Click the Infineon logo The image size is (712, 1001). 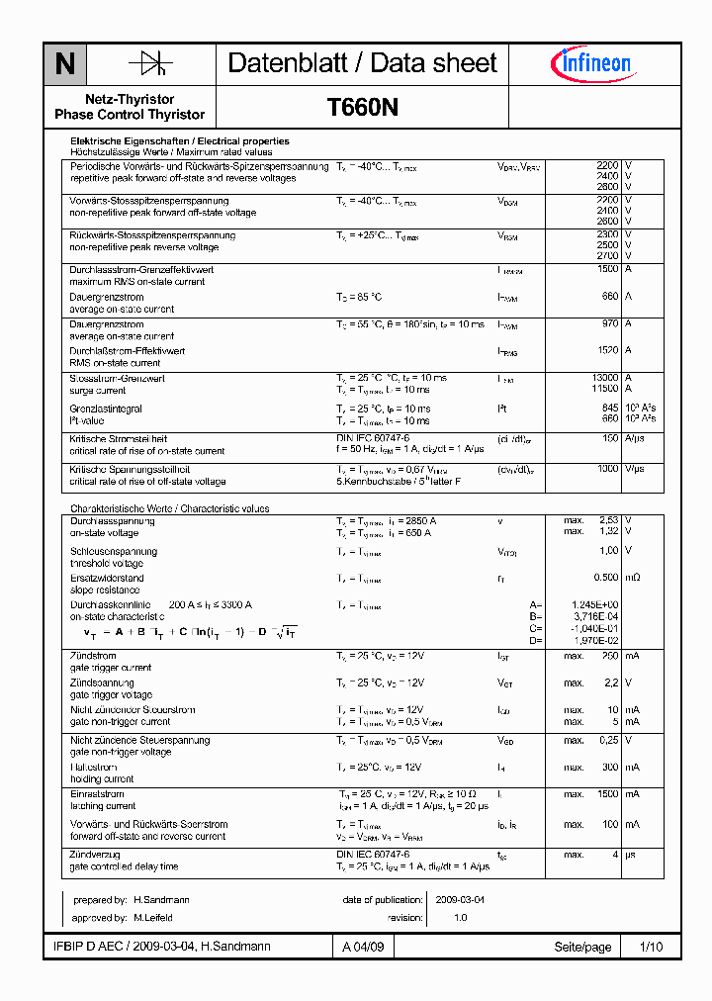point(590,64)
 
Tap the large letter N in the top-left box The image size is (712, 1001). point(65,65)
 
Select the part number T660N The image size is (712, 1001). point(363,107)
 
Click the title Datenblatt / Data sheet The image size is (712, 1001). point(362,63)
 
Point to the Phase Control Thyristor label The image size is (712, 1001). point(130,115)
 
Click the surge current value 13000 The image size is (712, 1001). point(604,378)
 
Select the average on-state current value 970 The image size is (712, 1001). point(609,324)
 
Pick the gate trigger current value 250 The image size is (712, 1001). point(609,656)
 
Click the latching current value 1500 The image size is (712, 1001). point(606,794)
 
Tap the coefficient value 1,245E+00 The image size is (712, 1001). point(595,604)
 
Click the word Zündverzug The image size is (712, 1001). point(95,854)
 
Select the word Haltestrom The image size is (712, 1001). point(94,767)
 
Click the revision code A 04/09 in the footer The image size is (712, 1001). point(363,948)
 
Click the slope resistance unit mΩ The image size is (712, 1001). point(632,578)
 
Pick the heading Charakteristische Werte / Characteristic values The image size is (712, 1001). point(169,508)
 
